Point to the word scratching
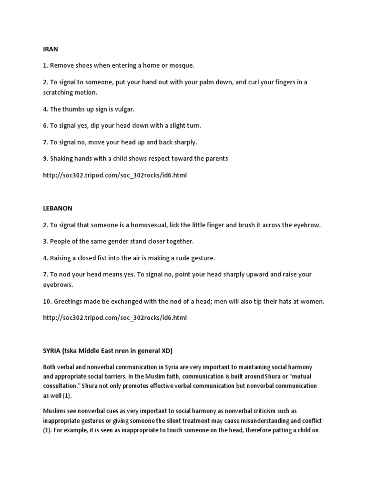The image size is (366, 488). [59, 92]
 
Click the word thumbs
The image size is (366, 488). [74, 109]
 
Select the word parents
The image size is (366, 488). [216, 158]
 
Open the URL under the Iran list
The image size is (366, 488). [115, 175]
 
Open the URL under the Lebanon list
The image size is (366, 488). [115, 317]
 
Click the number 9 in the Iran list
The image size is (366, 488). [45, 158]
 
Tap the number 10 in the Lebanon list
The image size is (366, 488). [47, 301]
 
